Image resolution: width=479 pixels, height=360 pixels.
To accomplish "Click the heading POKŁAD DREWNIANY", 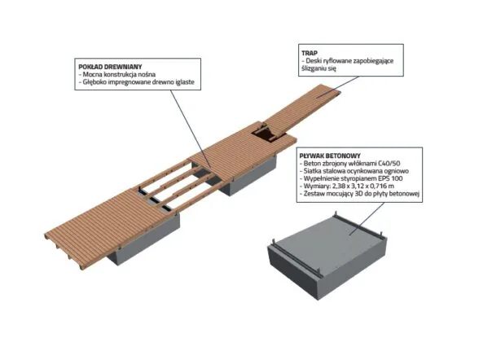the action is [110, 67].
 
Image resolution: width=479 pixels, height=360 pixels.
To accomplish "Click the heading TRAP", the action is [309, 53].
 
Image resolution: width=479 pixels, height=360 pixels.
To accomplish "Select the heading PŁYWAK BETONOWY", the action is [330, 156].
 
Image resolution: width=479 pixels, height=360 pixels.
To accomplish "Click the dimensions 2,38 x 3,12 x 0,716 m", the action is [361, 186].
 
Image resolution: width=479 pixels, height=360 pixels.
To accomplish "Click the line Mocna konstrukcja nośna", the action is [119, 74].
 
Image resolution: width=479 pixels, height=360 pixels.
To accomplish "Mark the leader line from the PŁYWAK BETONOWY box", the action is [367, 218].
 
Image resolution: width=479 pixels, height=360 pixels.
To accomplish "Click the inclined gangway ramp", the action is [303, 110].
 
